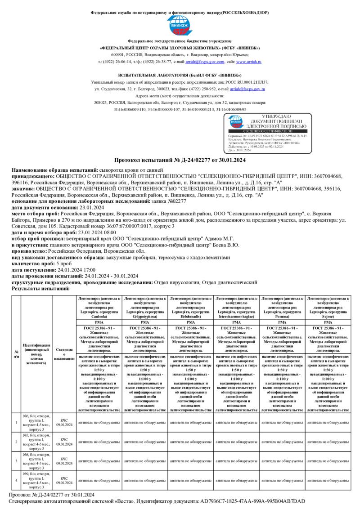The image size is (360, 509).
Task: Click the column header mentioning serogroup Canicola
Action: [99, 307]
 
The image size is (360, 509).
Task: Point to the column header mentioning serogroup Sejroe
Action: [328, 307]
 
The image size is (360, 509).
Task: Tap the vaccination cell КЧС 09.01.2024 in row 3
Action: [64, 461]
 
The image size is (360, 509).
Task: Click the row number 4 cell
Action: [17, 480]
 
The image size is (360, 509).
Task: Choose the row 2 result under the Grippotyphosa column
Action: [145, 442]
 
